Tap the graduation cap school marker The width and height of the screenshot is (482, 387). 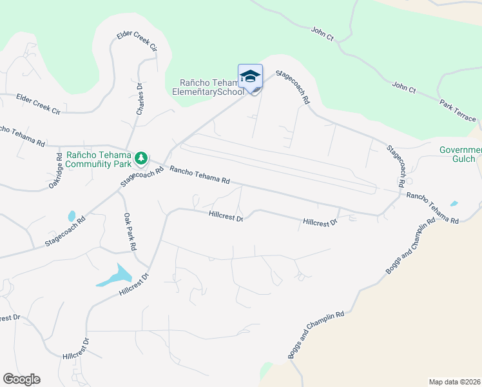pyautogui.click(x=250, y=77)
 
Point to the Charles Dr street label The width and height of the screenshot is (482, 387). pyautogui.click(x=140, y=99)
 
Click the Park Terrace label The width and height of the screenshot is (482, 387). pyautogui.click(x=458, y=110)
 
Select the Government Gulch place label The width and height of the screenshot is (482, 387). pyautogui.click(x=460, y=155)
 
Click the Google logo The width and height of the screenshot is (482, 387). pyautogui.click(x=21, y=379)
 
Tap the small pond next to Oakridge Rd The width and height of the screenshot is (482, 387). pyautogui.click(x=71, y=215)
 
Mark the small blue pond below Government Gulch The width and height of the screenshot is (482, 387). pyautogui.click(x=454, y=204)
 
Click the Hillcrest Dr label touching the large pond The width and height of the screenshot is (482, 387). pyautogui.click(x=134, y=284)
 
